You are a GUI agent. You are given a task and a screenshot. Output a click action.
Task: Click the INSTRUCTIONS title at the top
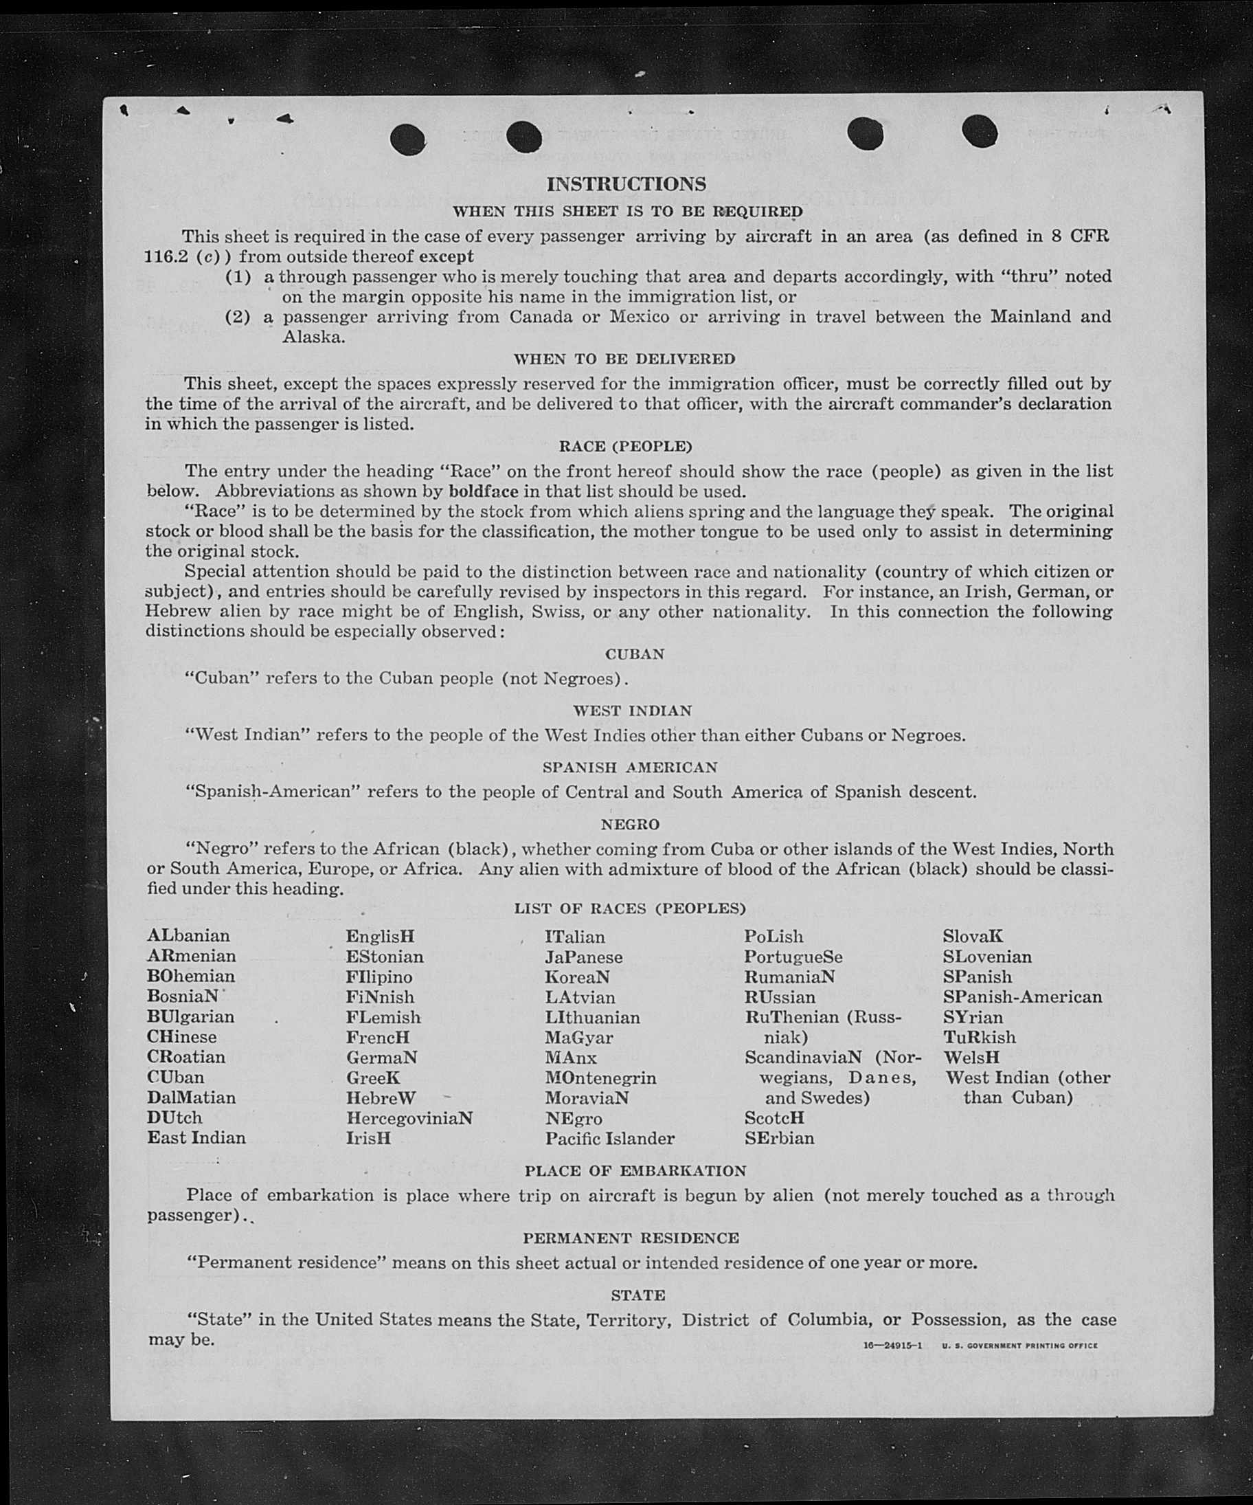[x=626, y=184]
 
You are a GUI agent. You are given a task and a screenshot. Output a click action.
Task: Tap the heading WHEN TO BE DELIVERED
[x=624, y=358]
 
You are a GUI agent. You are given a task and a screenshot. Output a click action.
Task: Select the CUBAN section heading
[x=635, y=654]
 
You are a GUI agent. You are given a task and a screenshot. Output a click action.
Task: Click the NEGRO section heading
[x=630, y=825]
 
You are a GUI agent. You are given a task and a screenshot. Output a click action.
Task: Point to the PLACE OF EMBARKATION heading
[x=635, y=1171]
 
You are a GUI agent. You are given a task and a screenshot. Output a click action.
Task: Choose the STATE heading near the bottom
[x=637, y=1295]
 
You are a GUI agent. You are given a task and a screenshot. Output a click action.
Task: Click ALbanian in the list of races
[x=188, y=936]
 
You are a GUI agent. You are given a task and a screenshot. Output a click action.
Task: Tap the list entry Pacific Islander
[x=609, y=1138]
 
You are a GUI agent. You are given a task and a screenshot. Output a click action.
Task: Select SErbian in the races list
[x=779, y=1138]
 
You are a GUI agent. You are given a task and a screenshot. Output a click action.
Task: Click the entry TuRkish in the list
[x=979, y=1037]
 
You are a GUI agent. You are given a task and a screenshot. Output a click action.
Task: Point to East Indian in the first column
[x=196, y=1137]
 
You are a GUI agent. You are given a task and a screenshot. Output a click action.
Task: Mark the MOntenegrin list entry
[x=600, y=1078]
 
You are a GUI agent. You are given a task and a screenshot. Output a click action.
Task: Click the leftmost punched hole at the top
[x=408, y=139]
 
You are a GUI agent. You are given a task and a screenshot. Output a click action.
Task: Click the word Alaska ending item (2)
[x=314, y=337]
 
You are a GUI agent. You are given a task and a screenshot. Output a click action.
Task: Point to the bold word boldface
[x=484, y=491]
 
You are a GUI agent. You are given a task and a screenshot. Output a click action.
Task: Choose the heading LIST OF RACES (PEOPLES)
[x=630, y=908]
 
